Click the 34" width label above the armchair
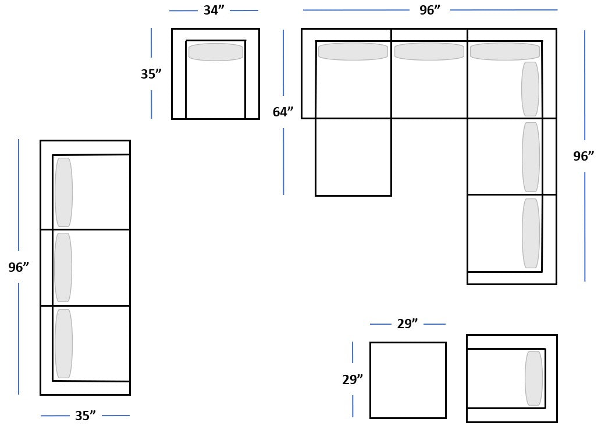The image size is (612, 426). (214, 10)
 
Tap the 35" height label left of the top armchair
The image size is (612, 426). (151, 74)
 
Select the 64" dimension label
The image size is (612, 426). (283, 112)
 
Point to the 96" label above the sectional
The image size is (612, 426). (430, 10)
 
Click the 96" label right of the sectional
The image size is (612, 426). (583, 157)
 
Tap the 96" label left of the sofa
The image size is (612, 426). (19, 268)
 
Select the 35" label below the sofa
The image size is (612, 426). (85, 416)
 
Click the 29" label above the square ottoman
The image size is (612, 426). (407, 324)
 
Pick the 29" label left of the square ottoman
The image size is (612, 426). (353, 380)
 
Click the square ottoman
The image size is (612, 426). (408, 380)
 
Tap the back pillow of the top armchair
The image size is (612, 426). (216, 52)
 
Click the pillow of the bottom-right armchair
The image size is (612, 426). (533, 378)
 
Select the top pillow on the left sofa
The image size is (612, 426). (64, 192)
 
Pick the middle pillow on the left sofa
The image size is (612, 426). (63, 268)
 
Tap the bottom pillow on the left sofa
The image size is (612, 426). (64, 343)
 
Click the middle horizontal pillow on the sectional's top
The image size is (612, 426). (429, 51)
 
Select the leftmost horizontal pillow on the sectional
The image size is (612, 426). (353, 51)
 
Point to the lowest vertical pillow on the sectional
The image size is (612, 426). (531, 233)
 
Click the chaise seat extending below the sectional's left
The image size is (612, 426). (353, 157)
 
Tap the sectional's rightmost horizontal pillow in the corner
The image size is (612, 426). (504, 51)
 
